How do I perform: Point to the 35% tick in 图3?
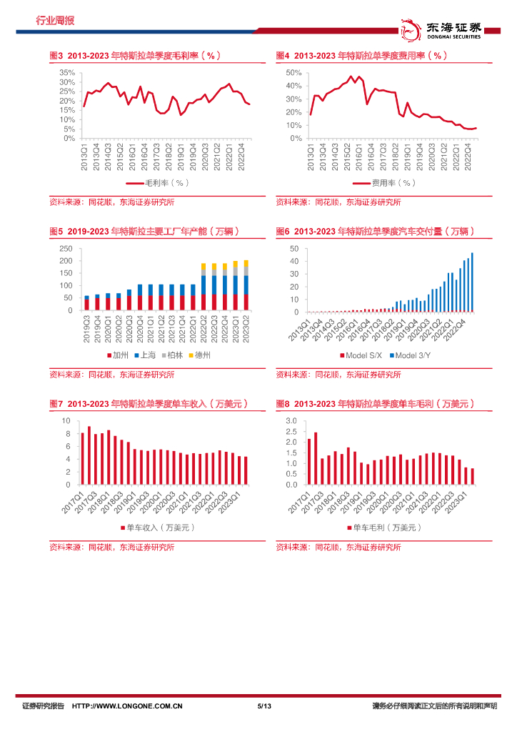[67, 73]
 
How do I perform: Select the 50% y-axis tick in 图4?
[293, 73]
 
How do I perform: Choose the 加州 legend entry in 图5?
[118, 355]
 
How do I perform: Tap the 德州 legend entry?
[199, 355]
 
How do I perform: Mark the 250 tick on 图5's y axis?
[66, 249]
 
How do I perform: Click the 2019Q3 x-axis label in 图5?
[87, 329]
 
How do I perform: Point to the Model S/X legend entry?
[363, 355]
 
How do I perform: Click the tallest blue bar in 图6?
[472, 282]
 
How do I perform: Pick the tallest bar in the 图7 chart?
[89, 455]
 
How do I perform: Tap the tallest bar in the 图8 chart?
[316, 458]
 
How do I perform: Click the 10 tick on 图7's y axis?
[66, 420]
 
